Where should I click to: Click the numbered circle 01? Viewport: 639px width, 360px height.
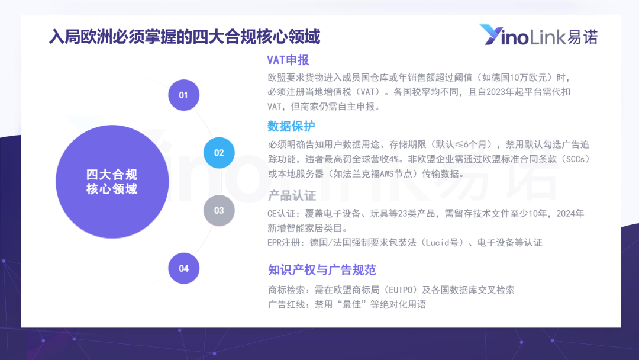click(x=184, y=95)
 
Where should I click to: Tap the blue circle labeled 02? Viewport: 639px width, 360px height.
click(x=219, y=153)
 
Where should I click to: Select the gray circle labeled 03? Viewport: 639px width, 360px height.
click(x=219, y=210)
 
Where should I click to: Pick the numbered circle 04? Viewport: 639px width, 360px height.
click(x=184, y=268)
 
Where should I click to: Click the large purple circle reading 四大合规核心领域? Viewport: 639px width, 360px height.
click(x=112, y=182)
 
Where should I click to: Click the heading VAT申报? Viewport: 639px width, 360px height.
click(x=288, y=60)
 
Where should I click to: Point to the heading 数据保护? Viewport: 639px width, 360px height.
click(x=291, y=126)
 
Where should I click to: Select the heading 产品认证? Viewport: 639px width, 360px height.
click(x=292, y=196)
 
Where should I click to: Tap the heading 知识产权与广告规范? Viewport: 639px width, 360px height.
click(x=322, y=270)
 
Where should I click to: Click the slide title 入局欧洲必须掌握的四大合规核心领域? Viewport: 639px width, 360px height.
click(x=185, y=37)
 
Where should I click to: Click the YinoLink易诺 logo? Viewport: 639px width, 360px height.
click(x=538, y=35)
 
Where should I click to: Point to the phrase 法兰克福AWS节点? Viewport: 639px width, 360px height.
click(x=375, y=173)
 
